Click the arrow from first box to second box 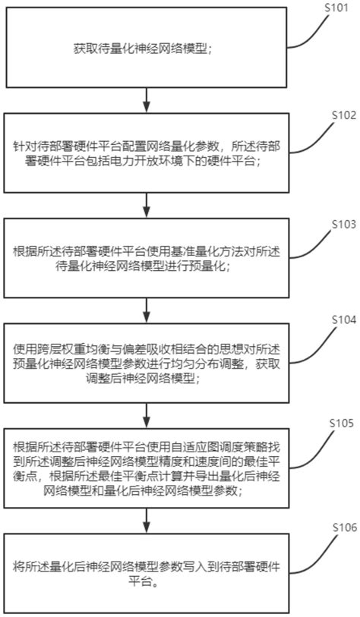tap(147, 99)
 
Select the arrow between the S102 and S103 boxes tap(147, 202)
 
